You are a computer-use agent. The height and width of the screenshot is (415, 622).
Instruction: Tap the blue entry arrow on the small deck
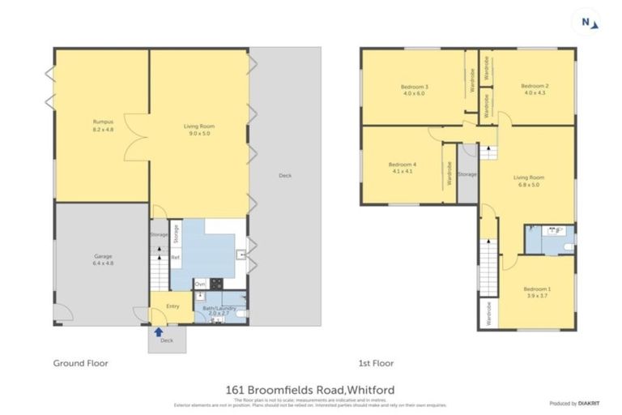159,331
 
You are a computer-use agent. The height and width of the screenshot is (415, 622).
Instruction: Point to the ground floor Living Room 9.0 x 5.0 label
198,130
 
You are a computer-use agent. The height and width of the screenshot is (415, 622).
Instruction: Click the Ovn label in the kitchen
199,284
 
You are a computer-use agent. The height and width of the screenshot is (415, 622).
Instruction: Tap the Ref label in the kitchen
174,257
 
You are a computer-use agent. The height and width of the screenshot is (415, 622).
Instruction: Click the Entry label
173,306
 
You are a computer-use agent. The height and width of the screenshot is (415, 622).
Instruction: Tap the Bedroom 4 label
403,168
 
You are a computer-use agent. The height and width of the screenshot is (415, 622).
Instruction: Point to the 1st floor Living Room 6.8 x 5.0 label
528,181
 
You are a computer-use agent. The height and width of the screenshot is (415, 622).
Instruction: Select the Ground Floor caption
81,363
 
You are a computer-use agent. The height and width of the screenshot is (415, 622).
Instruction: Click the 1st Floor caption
377,363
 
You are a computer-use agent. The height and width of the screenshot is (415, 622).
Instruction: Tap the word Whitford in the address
367,390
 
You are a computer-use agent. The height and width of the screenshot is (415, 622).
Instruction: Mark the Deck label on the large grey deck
284,175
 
